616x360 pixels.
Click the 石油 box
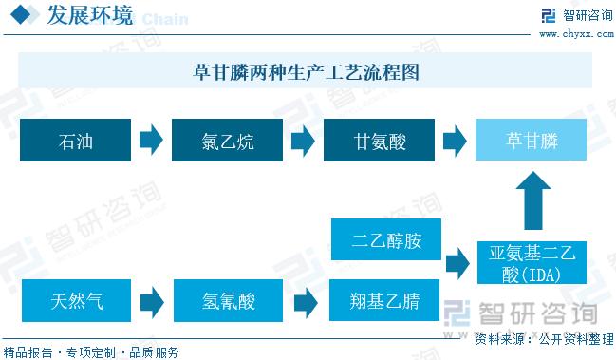pos(76,142)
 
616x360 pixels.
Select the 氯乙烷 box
pos(228,142)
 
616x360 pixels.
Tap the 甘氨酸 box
pos(380,142)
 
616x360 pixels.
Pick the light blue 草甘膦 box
pos(532,142)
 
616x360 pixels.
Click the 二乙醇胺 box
pos(385,240)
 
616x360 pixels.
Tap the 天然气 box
pos(76,303)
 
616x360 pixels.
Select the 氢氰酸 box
pos(228,303)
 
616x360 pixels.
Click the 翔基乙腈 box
pos(385,303)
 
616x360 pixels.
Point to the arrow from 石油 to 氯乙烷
pos(151,142)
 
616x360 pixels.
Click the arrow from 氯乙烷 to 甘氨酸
pos(303,142)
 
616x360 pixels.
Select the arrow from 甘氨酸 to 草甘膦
pos(455,142)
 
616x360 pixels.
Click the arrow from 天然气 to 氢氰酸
pos(151,303)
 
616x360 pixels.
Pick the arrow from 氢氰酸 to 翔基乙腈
pos(305,303)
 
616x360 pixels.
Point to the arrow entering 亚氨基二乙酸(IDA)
pos(457,261)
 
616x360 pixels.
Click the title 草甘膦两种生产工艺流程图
pos(306,71)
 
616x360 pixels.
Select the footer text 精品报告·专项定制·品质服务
pos(91,351)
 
